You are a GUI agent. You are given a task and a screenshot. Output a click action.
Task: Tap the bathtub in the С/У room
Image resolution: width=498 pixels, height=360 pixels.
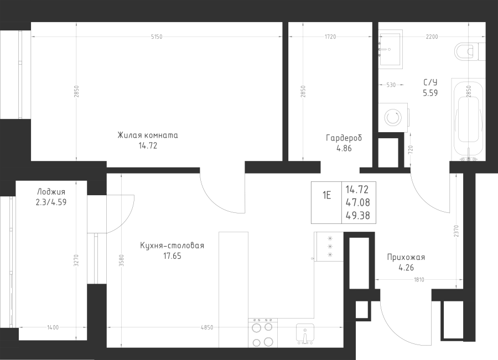(x=468, y=121)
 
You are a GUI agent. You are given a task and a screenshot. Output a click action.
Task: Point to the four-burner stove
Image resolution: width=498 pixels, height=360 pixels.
(x=263, y=333)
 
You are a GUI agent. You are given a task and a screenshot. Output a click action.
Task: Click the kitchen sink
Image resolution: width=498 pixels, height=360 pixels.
(x=305, y=333)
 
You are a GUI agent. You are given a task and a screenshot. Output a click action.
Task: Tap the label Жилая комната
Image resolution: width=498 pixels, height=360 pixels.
(x=148, y=135)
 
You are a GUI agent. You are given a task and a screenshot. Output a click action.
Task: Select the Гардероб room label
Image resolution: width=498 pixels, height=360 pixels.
(x=344, y=138)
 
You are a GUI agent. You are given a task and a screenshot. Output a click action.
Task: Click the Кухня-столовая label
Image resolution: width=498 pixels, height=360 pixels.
(x=172, y=246)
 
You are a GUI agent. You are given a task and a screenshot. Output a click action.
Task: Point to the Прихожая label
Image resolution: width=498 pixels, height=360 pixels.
(x=406, y=257)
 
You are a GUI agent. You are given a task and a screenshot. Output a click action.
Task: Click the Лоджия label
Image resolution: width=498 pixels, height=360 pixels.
(x=51, y=192)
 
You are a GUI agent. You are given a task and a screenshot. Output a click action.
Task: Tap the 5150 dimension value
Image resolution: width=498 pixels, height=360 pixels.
(x=156, y=37)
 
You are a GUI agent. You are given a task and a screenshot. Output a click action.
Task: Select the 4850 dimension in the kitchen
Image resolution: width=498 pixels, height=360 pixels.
(x=207, y=327)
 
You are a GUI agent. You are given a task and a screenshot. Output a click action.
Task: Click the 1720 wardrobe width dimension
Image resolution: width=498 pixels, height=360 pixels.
(x=330, y=37)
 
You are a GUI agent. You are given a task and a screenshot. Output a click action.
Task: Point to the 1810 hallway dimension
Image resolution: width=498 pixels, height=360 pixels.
(x=419, y=280)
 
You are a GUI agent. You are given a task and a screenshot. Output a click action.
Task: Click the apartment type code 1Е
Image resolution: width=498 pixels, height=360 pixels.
(x=327, y=195)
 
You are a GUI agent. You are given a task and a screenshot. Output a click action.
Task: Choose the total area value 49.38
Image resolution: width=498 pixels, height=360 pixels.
(x=357, y=216)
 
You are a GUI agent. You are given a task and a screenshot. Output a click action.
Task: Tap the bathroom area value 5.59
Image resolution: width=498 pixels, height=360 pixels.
(x=430, y=93)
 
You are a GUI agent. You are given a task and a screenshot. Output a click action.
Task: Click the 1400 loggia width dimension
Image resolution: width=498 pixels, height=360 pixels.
(x=53, y=327)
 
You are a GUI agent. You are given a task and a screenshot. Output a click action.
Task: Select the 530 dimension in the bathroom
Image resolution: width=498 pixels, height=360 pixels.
(x=391, y=85)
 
